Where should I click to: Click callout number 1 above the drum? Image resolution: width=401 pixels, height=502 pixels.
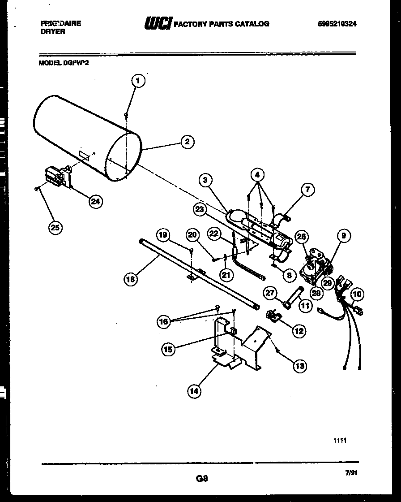138,81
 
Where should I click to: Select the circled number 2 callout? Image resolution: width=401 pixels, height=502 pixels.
187,142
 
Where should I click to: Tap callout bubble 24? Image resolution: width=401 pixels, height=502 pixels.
95,201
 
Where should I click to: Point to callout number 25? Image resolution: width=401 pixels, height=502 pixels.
55,228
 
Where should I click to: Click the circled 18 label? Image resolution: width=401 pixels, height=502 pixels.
130,279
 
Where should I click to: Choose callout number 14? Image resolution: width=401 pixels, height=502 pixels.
194,391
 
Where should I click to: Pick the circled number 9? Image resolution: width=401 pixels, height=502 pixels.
344,236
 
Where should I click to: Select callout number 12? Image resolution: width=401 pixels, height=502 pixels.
299,331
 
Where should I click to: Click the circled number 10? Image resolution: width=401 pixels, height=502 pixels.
357,294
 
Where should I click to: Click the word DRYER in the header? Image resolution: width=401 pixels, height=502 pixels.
52,32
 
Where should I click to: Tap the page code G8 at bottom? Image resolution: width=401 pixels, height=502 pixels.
202,478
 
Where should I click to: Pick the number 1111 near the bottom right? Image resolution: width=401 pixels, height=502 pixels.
340,441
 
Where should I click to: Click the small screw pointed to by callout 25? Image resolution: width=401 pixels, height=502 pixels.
35,190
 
